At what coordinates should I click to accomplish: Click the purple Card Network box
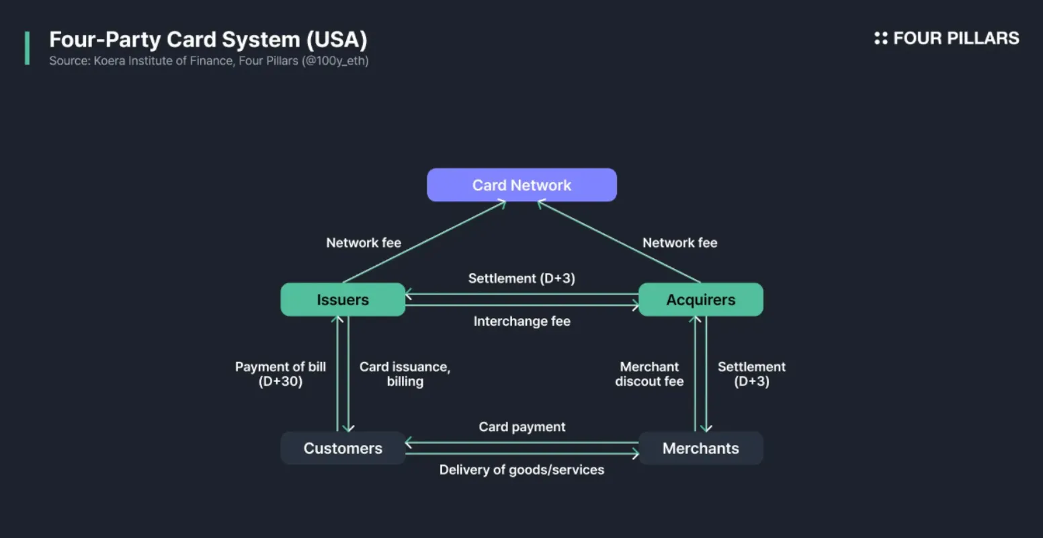(x=521, y=185)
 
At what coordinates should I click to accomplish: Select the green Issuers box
(x=343, y=299)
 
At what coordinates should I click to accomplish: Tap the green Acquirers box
(x=701, y=299)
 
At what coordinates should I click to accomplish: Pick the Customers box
(x=343, y=448)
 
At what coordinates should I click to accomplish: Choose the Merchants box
(x=701, y=448)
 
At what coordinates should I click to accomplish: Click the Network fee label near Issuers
(x=364, y=243)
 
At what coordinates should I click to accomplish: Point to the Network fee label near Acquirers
(x=680, y=243)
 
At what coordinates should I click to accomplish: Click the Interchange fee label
(x=522, y=321)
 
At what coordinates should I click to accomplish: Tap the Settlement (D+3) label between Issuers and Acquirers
(x=521, y=278)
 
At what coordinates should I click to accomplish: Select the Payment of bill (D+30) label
(x=280, y=374)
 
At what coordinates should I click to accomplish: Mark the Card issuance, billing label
(x=405, y=374)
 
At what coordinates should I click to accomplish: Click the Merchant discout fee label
(x=650, y=374)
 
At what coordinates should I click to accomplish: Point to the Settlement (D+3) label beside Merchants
(x=751, y=374)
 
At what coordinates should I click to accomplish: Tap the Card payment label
(x=522, y=427)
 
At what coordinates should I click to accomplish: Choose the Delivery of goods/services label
(x=521, y=470)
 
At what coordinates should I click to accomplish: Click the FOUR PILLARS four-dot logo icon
(x=881, y=38)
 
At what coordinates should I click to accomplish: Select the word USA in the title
(x=337, y=40)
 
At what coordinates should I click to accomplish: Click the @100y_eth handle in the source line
(x=335, y=61)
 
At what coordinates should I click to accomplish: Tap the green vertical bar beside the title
(x=27, y=48)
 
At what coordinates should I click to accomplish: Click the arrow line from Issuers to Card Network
(x=424, y=241)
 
